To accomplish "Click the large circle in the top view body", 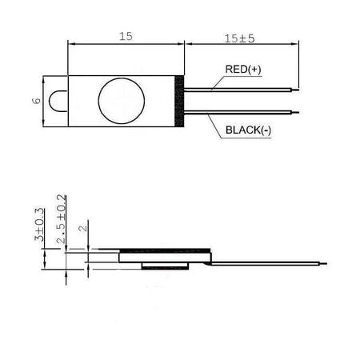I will [121, 100].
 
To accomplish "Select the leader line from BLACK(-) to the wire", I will [214, 122].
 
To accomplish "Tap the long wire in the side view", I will [264, 259].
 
